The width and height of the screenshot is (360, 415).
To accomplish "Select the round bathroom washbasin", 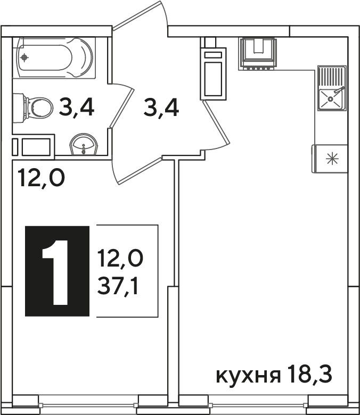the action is [84, 144].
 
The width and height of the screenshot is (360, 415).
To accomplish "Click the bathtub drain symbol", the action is [24, 57].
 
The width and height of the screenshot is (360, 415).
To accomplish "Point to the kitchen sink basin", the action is [331, 99].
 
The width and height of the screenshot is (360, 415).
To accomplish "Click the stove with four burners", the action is [257, 54].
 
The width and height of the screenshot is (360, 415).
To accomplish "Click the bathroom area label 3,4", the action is [76, 106].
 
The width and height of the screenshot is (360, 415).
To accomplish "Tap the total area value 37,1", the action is [118, 286].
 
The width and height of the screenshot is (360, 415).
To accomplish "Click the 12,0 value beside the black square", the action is [120, 258].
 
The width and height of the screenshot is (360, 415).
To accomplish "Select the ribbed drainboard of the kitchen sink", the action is [332, 77].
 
